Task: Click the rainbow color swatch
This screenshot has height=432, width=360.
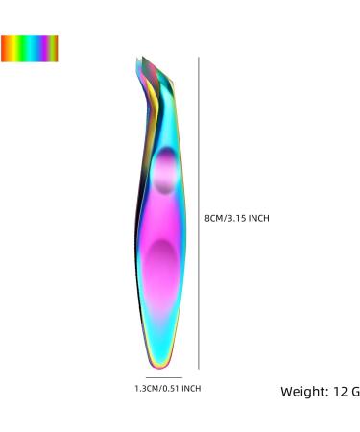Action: coord(30,48)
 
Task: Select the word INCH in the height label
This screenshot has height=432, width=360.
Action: coord(259,218)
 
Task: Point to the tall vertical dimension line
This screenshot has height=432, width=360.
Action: coord(199,213)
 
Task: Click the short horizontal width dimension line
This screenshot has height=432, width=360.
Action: coord(164,377)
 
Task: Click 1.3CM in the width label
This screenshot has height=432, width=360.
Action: coord(147,389)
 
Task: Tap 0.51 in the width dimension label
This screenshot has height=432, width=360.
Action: coord(171,389)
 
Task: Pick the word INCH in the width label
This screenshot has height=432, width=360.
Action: coord(191,389)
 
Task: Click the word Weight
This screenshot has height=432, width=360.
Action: coord(303,392)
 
